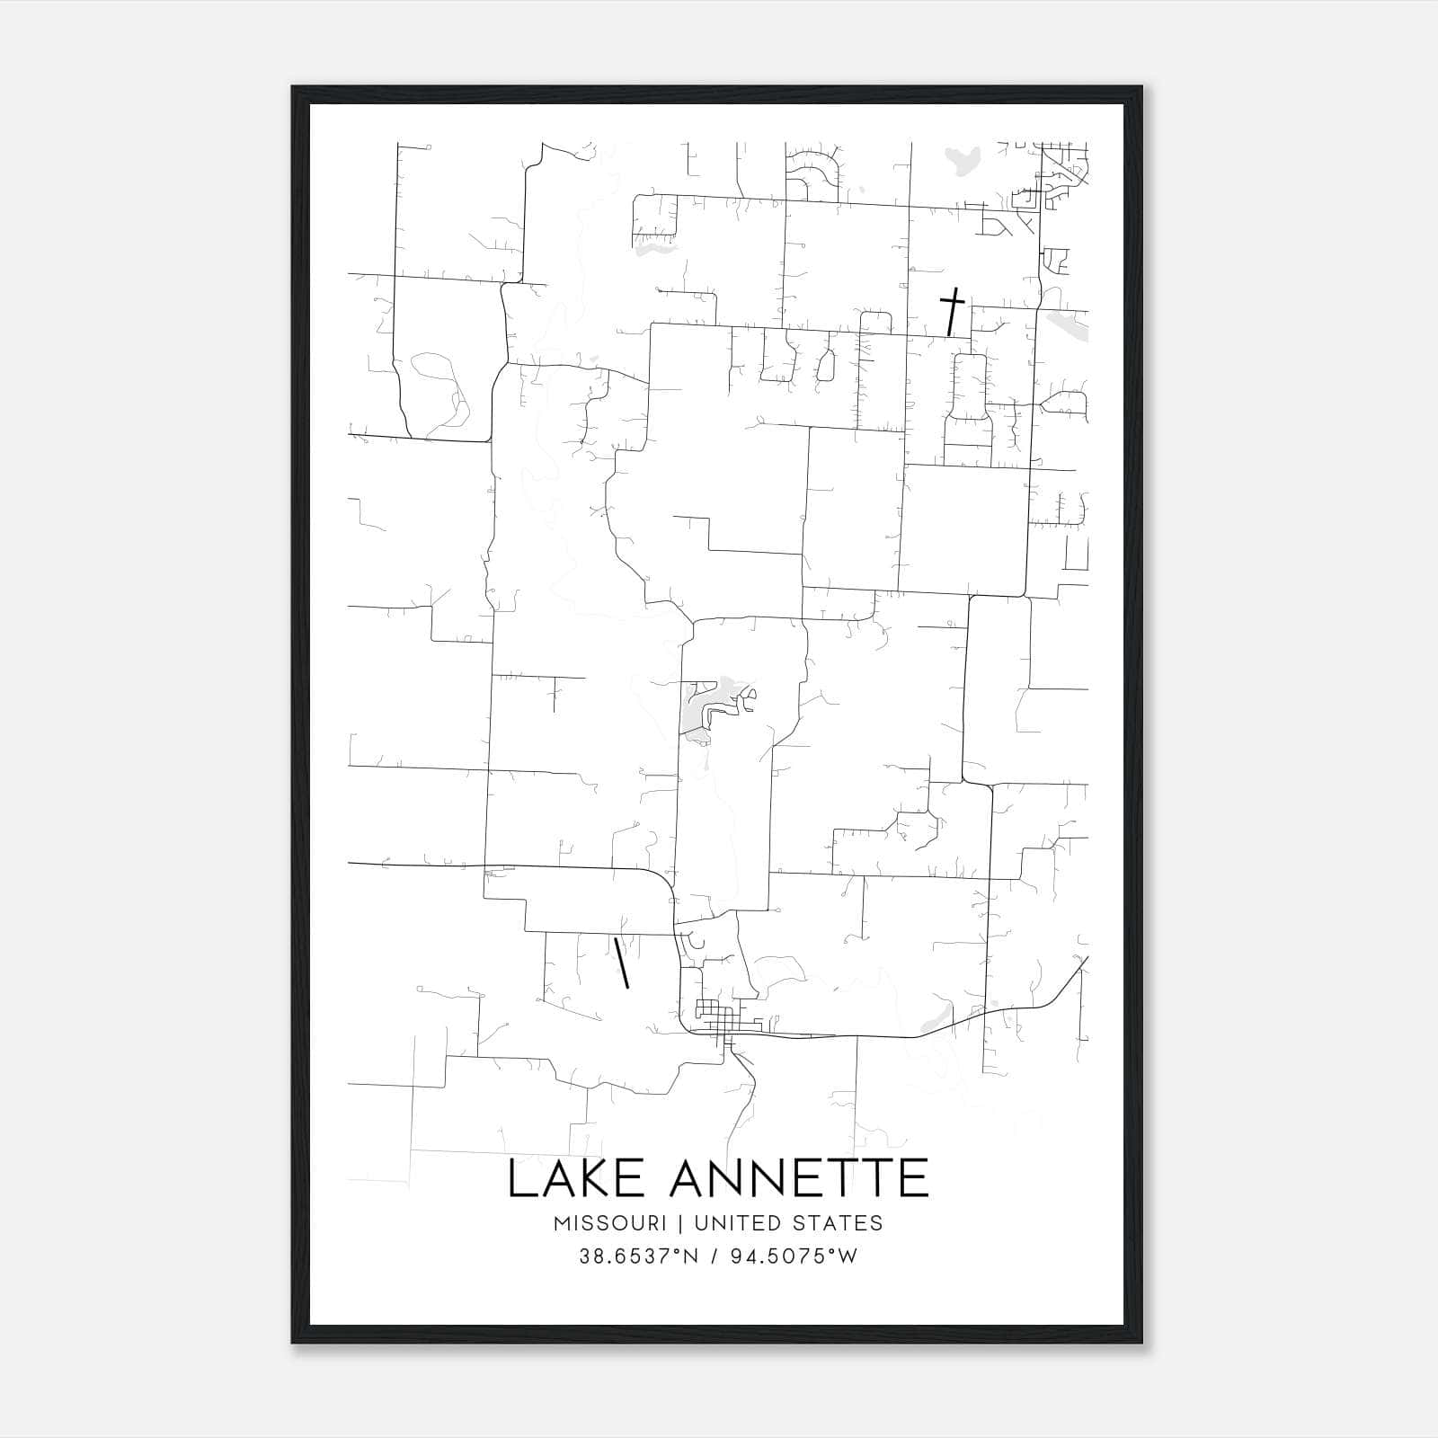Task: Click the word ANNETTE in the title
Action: click(800, 1178)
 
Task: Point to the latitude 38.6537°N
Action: click(638, 1256)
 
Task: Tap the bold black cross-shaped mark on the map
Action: click(952, 310)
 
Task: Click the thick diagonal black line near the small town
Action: click(620, 963)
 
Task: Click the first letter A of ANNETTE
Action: click(689, 1178)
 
